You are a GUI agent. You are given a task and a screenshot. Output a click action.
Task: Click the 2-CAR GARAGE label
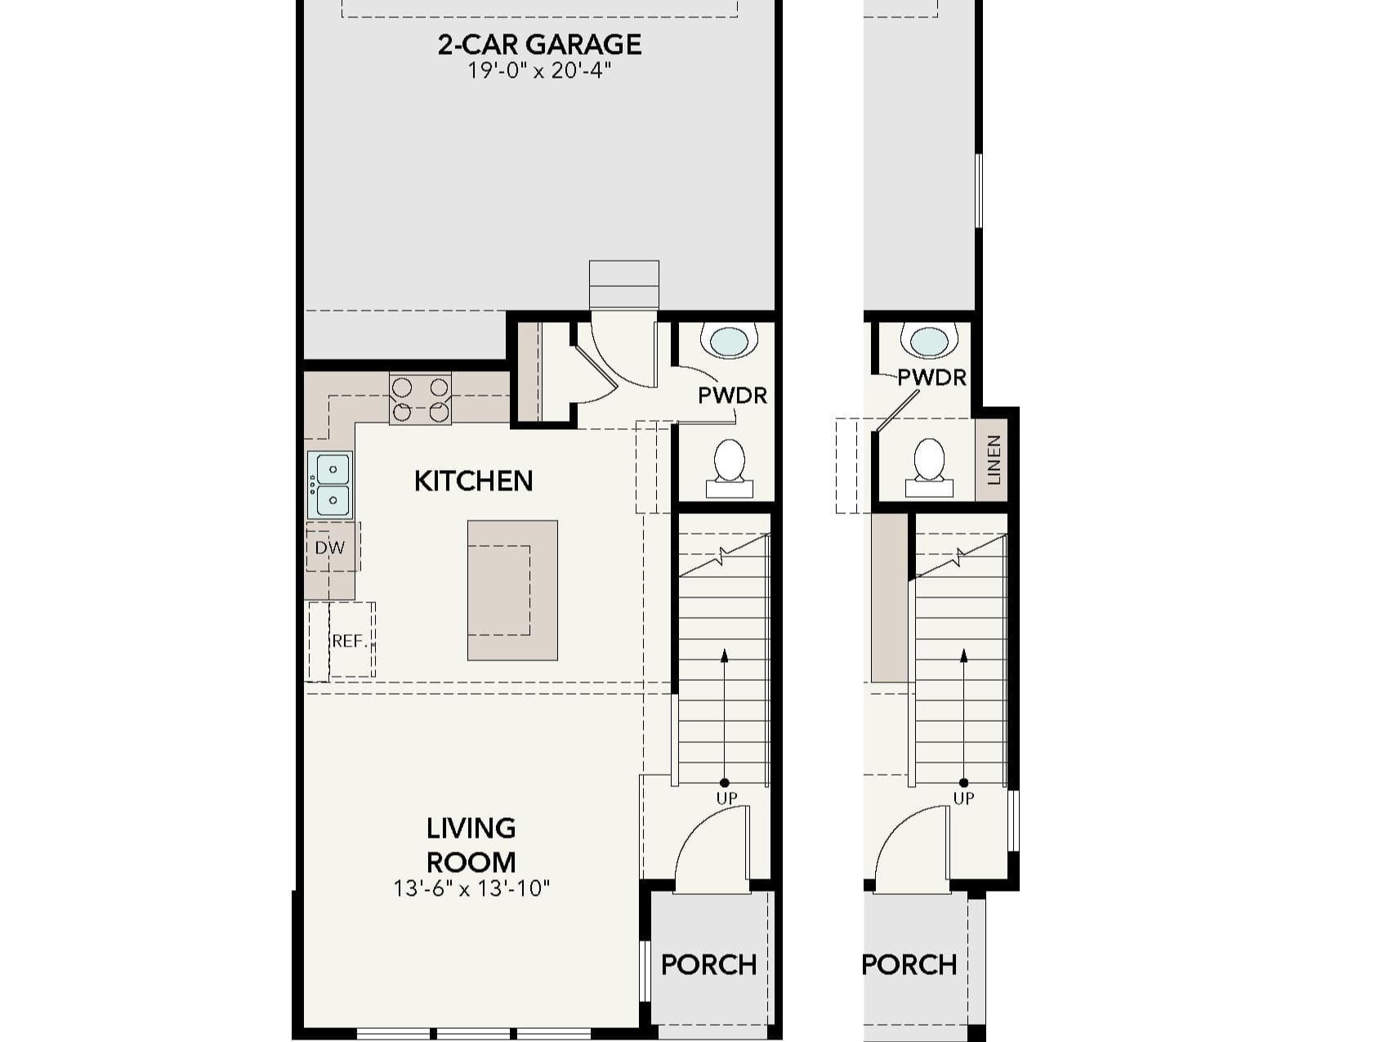click(539, 44)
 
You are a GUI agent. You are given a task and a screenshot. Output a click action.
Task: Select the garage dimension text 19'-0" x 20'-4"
click(539, 71)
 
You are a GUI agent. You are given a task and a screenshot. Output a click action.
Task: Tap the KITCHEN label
click(473, 481)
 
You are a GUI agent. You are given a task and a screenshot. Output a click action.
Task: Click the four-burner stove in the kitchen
click(420, 399)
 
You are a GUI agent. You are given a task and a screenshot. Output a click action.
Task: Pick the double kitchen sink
click(330, 485)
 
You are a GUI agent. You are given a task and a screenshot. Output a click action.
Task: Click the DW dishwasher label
click(330, 548)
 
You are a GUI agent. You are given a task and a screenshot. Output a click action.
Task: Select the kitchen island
click(512, 590)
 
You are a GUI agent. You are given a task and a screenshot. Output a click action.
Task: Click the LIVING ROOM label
click(471, 845)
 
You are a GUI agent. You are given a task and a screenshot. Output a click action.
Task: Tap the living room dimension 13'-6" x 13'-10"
click(471, 888)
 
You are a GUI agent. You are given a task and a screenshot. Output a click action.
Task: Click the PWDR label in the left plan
click(732, 396)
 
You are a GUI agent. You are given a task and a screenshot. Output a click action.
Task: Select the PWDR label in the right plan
click(931, 378)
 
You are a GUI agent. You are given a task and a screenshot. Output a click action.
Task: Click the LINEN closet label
click(994, 460)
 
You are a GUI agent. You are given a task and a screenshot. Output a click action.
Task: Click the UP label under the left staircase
click(726, 798)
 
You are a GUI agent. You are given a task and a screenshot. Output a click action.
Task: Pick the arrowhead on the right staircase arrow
click(964, 655)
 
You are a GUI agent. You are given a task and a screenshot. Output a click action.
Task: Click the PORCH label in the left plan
click(708, 964)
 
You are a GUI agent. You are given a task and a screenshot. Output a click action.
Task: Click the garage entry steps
click(623, 285)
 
